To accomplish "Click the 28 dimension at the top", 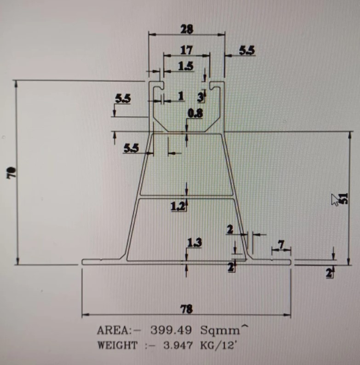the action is pyautogui.click(x=187, y=29).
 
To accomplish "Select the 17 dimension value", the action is pyautogui.click(x=186, y=50).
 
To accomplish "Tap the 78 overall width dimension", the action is pyautogui.click(x=187, y=309).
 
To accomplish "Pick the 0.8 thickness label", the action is pyautogui.click(x=195, y=113).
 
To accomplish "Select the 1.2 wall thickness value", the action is pyautogui.click(x=178, y=206).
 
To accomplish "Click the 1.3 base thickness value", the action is pyautogui.click(x=194, y=243).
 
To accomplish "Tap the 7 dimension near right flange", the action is pyautogui.click(x=281, y=245).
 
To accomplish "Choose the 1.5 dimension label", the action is pyautogui.click(x=186, y=67).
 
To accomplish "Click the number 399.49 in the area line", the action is pyautogui.click(x=171, y=330).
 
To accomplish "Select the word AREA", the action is pyautogui.click(x=113, y=330).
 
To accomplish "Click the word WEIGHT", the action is pyautogui.click(x=117, y=345).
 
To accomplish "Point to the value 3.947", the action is pyautogui.click(x=178, y=345).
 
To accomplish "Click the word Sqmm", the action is pyautogui.click(x=219, y=330).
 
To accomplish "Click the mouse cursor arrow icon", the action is pyautogui.click(x=335, y=200).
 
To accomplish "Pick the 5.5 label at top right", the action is pyautogui.click(x=247, y=50).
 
